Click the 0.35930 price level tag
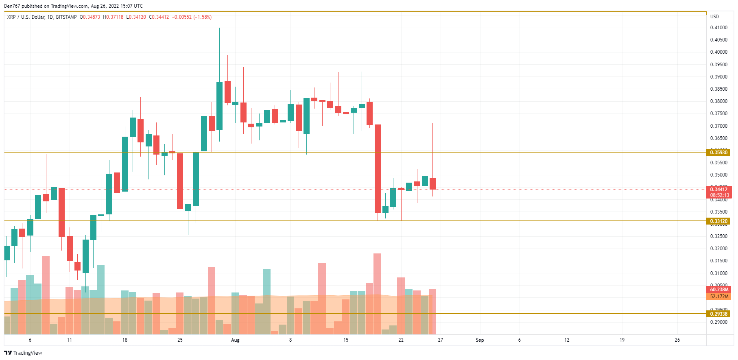[x=718, y=153]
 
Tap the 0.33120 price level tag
[x=718, y=221]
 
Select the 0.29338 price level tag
[x=718, y=314]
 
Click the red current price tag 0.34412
[x=718, y=190]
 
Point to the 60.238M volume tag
[x=718, y=290]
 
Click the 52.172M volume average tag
[x=718, y=297]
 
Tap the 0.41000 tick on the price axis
[x=718, y=28]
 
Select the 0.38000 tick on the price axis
[x=718, y=101]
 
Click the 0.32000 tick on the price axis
[x=718, y=249]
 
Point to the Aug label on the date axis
[x=235, y=340]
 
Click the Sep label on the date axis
[x=480, y=340]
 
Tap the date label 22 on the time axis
[x=401, y=340]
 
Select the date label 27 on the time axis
[x=440, y=340]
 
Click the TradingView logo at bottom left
[x=23, y=353]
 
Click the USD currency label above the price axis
[x=714, y=17]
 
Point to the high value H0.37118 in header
[x=113, y=17]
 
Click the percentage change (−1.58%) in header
[x=202, y=17]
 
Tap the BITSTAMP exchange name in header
[x=66, y=17]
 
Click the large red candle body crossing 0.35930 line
[x=378, y=168]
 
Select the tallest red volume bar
[x=377, y=293]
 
